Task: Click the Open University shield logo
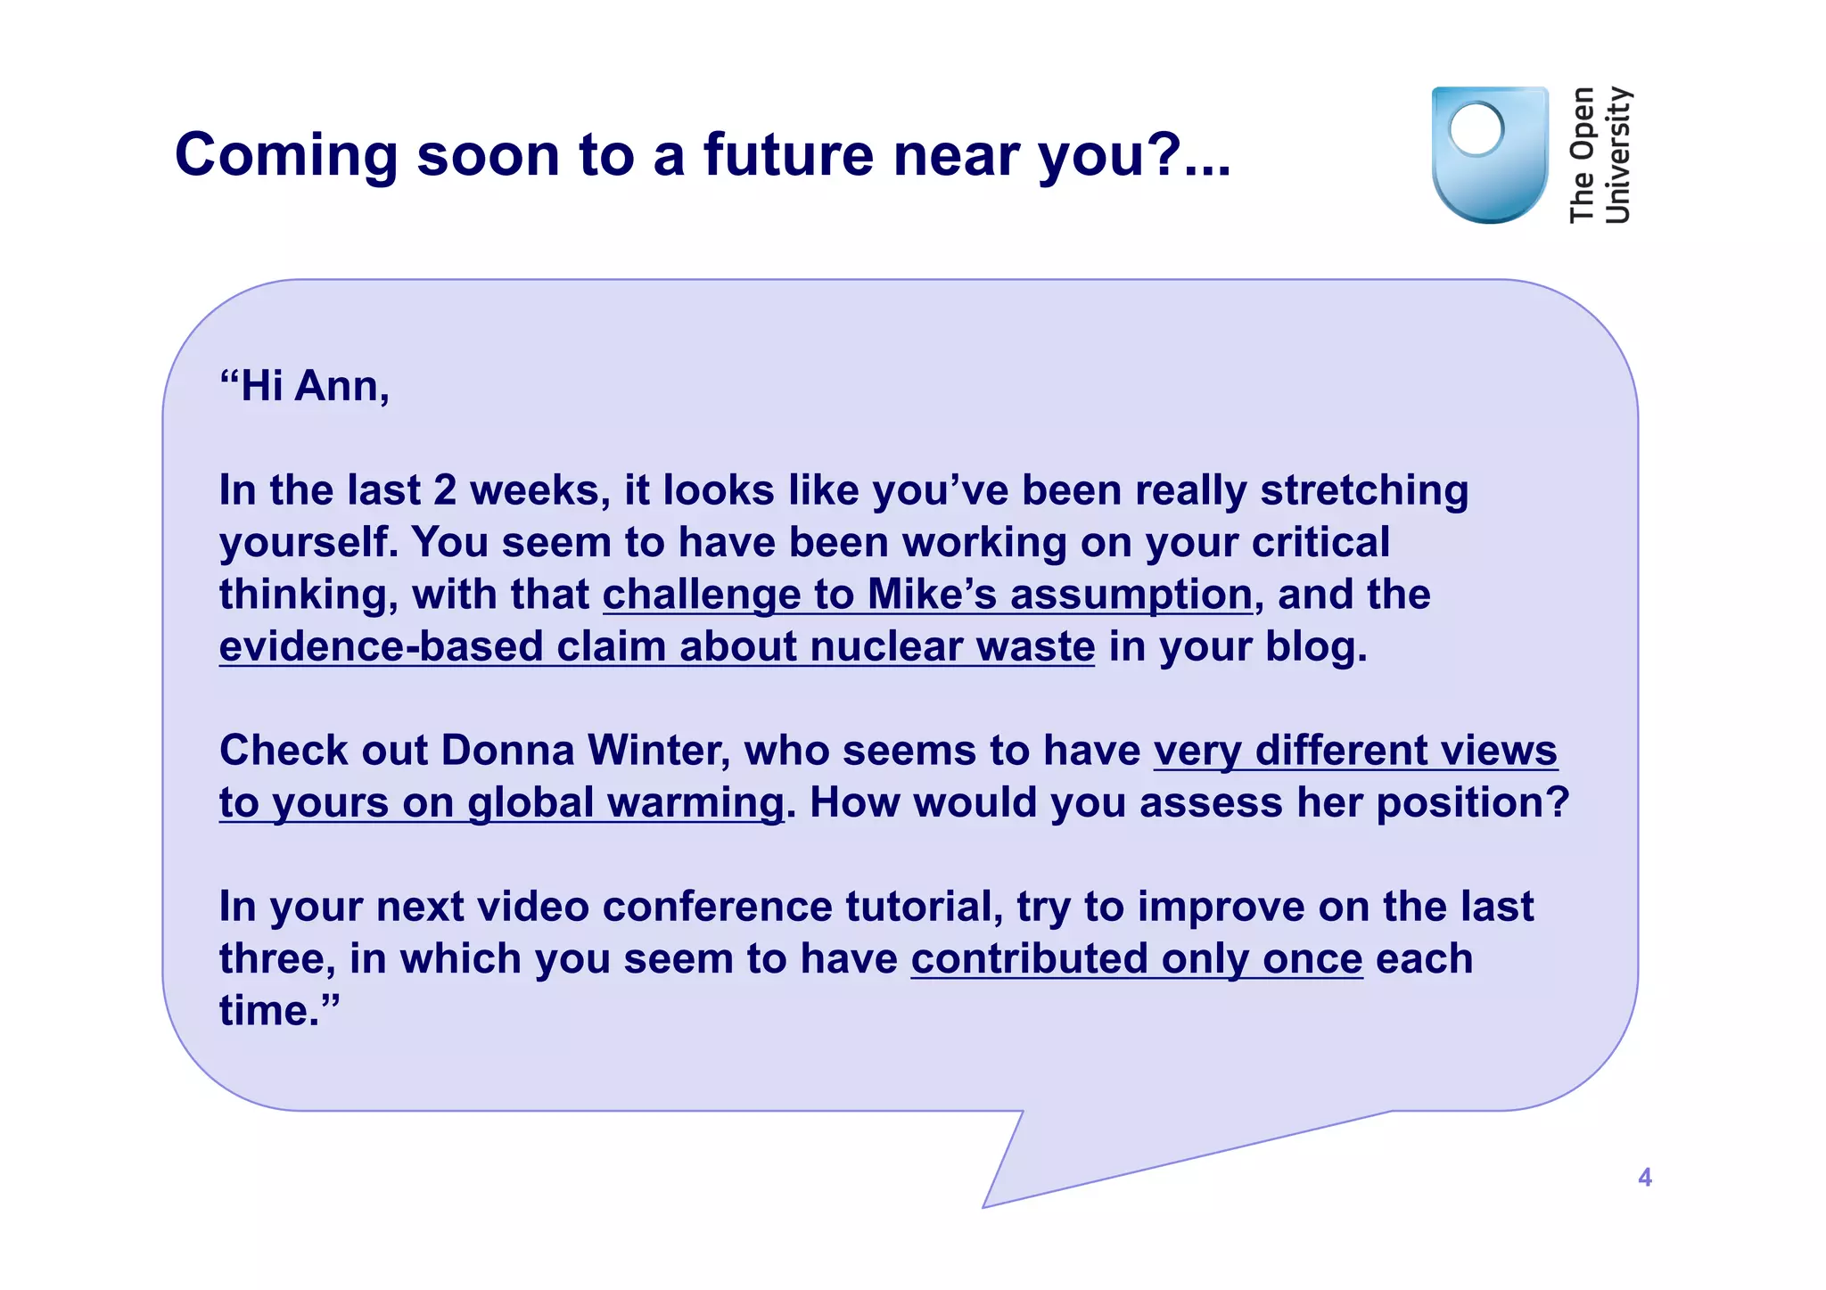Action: pos(1488,156)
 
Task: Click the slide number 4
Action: pos(1645,1178)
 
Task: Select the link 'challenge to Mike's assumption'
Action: pos(927,595)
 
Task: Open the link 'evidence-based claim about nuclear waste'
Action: pos(656,646)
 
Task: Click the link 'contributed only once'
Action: pos(1136,959)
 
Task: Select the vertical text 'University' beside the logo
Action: pos(1616,155)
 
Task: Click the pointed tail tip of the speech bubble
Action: pos(985,1206)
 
